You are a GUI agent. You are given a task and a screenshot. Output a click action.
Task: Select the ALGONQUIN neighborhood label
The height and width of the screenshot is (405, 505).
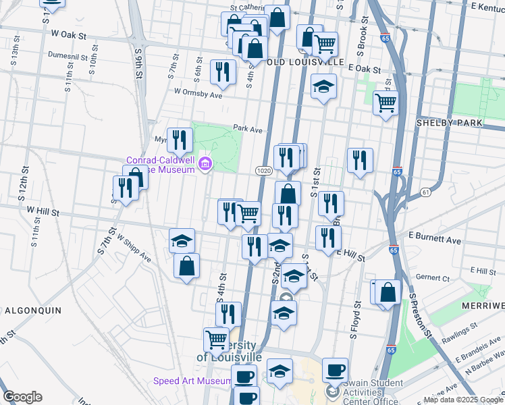tap(33, 310)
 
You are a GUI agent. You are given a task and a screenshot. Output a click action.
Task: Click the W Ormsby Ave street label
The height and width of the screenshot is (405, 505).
tap(198, 94)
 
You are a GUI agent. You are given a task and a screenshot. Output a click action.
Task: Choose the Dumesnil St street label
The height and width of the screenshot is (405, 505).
tap(70, 56)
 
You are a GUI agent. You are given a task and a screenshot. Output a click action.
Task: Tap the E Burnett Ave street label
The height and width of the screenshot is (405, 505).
tap(435, 240)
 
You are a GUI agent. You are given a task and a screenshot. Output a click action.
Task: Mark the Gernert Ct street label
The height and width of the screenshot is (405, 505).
tap(433, 277)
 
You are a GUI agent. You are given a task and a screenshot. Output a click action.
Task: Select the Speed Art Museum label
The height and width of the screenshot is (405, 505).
tap(192, 381)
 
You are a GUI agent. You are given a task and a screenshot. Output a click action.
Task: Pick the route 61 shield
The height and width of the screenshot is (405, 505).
tap(425, 192)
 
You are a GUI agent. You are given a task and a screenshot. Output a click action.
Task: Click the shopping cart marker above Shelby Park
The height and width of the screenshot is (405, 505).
tap(386, 103)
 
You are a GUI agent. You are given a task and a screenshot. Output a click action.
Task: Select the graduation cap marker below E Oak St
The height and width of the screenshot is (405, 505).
tap(324, 86)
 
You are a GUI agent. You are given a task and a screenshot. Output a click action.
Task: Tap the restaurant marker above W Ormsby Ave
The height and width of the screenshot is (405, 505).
tap(222, 71)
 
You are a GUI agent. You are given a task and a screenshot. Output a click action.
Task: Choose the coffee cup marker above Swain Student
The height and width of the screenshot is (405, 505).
tap(335, 369)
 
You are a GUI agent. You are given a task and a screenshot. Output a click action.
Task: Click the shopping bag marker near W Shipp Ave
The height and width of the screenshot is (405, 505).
tap(186, 265)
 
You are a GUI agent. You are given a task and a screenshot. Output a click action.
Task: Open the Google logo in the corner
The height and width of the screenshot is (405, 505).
tap(22, 397)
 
